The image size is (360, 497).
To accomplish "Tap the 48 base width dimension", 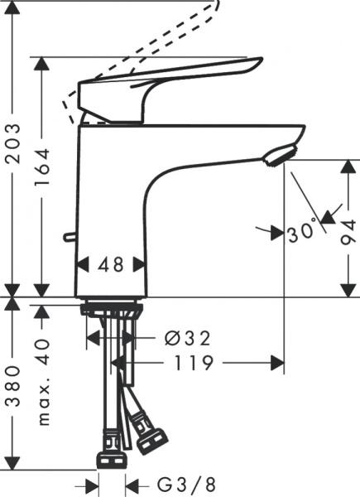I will pyautogui.click(x=111, y=265).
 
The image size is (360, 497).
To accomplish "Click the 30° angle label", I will pyautogui.click(x=301, y=229).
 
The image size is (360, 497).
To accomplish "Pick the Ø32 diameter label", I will pyautogui.click(x=186, y=338).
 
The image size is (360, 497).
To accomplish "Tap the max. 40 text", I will pyautogui.click(x=44, y=381).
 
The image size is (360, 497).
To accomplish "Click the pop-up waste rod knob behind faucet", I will pyautogui.click(x=68, y=239).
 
